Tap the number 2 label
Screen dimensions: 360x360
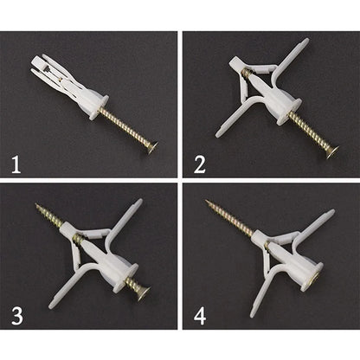[200, 163]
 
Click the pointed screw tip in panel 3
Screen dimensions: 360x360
[37, 206]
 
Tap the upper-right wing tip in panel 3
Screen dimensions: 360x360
[137, 205]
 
